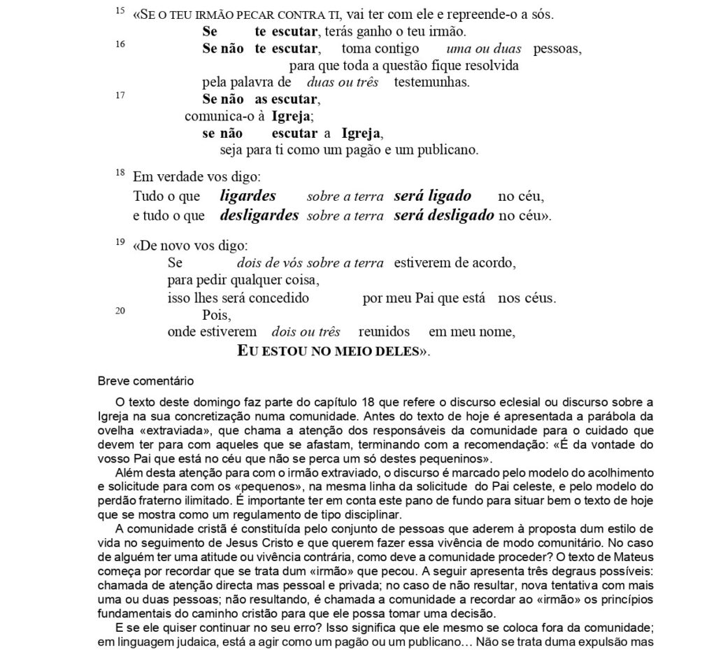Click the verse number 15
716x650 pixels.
[x=120, y=11]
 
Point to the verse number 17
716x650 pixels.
[x=120, y=96]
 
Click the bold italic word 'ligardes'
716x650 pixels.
[x=248, y=197]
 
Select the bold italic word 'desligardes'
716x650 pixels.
[x=259, y=216]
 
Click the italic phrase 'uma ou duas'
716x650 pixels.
[x=478, y=49]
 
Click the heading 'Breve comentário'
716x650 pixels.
[x=145, y=381]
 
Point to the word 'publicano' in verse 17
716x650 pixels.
[x=450, y=150]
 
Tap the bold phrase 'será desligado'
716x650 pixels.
[x=443, y=216]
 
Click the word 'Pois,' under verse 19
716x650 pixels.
[x=216, y=316]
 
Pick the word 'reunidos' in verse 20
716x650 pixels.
[x=384, y=332]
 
